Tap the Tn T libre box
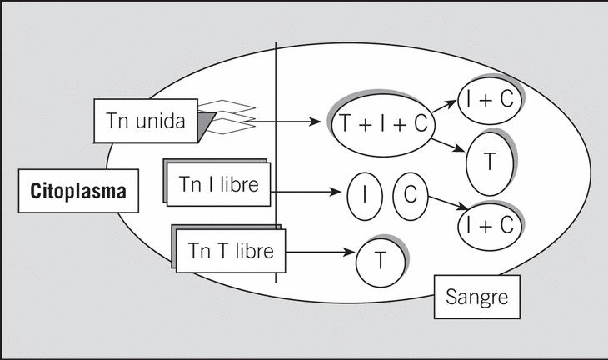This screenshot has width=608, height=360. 231,250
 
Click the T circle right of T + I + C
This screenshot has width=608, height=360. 489,162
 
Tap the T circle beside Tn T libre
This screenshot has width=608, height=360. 380,261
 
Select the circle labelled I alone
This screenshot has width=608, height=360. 363,195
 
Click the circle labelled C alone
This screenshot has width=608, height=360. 410,195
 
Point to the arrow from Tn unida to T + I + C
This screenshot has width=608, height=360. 287,122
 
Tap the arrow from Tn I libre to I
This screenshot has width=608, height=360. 308,193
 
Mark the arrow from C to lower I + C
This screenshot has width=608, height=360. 442,206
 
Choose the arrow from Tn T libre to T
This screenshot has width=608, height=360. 319,249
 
